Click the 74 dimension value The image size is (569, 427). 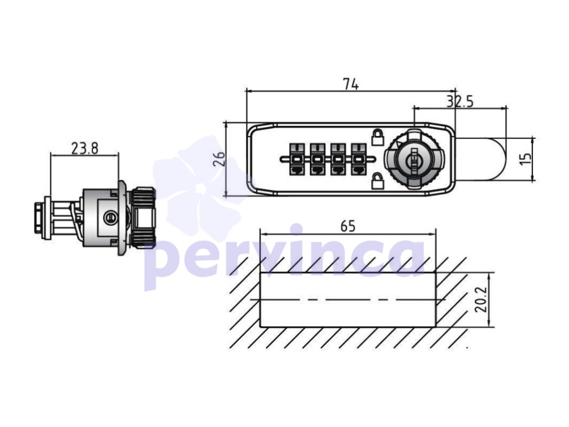pyautogui.click(x=351, y=84)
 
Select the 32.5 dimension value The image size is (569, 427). pyautogui.click(x=460, y=102)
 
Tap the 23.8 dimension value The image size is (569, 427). pyautogui.click(x=85, y=148)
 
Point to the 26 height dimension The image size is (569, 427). pyautogui.click(x=219, y=159)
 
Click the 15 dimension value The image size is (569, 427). pyautogui.click(x=525, y=158)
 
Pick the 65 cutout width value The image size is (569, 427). pyautogui.click(x=348, y=226)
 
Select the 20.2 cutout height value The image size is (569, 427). pyautogui.click(x=481, y=300)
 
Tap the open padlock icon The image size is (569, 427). pyautogui.click(x=378, y=180)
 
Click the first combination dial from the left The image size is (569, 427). pyautogui.click(x=297, y=159)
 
